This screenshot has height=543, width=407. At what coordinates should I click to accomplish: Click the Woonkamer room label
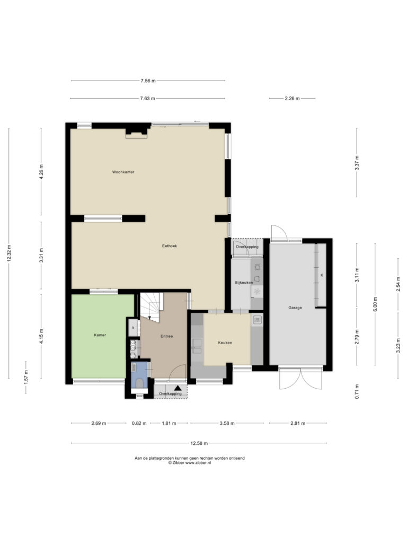click(x=123, y=172)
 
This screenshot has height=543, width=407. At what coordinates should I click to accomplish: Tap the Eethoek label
click(x=170, y=246)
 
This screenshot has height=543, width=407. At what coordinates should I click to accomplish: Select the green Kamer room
click(x=99, y=336)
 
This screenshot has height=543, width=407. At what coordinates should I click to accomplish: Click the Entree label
click(x=166, y=336)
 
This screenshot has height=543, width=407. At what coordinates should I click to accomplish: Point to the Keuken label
click(x=225, y=343)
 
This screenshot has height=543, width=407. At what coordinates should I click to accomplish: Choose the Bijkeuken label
click(x=244, y=283)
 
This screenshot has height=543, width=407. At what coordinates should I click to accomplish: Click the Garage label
click(x=295, y=308)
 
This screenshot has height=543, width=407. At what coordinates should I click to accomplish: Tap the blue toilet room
click(x=139, y=376)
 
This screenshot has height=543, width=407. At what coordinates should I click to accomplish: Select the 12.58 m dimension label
click(x=199, y=443)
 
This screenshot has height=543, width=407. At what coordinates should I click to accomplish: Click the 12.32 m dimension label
click(x=9, y=253)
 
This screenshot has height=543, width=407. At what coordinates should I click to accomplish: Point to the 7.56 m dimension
click(x=148, y=81)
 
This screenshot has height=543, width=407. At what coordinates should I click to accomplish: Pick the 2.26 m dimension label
click(x=292, y=98)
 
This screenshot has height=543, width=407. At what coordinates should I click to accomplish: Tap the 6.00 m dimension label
click(x=375, y=304)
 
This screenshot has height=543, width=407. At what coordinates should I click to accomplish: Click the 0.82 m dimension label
click(x=139, y=423)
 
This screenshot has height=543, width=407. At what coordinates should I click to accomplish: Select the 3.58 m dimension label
click(x=227, y=423)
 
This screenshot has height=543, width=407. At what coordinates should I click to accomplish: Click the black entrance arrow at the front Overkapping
click(x=178, y=388)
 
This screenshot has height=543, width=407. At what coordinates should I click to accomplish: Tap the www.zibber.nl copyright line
click(x=189, y=462)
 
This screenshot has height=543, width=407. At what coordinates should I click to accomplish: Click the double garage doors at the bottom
click(x=301, y=378)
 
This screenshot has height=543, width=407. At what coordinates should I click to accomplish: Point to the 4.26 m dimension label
click(x=41, y=172)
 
